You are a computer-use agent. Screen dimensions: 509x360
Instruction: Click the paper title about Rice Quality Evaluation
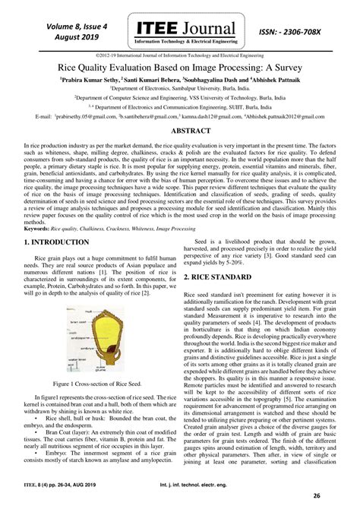(180, 66)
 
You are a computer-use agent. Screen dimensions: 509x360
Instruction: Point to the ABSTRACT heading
(180, 131)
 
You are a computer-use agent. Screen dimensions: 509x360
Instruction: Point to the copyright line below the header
(180, 55)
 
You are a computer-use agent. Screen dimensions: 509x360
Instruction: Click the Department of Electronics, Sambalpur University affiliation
(180, 88)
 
